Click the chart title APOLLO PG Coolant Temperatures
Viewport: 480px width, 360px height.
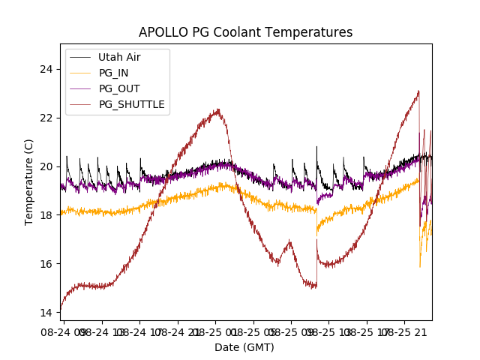coord(245,32)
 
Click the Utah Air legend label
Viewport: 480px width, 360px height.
coord(119,57)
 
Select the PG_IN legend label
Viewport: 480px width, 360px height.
coord(114,73)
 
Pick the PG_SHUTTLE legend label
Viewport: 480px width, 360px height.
coord(131,104)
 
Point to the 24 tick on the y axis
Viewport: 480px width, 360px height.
coord(47,69)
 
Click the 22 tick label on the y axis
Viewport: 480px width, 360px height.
coord(47,118)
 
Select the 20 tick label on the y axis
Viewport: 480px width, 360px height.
coord(47,166)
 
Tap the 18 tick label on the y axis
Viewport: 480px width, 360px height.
coord(47,215)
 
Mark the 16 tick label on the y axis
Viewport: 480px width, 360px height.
coord(47,264)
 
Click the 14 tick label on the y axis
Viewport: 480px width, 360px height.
coord(47,312)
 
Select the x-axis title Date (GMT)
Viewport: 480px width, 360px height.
coord(244,347)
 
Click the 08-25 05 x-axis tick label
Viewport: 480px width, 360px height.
coord(256,331)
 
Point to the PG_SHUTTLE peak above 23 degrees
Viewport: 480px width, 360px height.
coord(418,91)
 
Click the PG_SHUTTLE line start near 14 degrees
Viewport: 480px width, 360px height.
coord(61,309)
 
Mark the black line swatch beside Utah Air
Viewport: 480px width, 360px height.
coord(80,57)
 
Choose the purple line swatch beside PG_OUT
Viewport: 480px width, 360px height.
coord(80,88)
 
